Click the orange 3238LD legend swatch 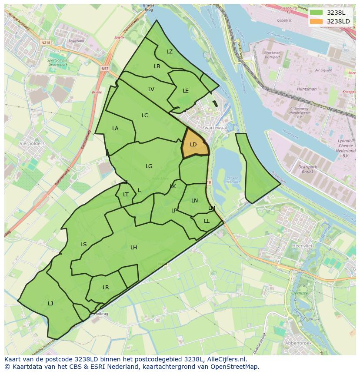317,21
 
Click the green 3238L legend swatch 317,13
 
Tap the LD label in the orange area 193,145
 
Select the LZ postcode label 170,52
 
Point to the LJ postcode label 50,304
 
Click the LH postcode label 133,248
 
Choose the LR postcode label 106,288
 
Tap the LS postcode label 83,245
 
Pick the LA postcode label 115,129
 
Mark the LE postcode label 186,91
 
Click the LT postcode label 126,195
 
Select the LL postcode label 207,221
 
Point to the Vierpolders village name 32,143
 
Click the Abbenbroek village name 297,343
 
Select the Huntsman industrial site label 307,89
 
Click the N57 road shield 105,69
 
